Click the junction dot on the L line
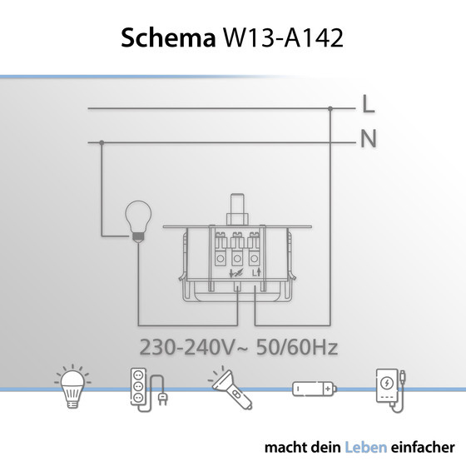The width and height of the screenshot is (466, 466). (x=330, y=107)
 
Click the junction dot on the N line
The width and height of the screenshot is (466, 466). (x=101, y=141)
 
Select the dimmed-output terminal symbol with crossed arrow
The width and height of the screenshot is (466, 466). (x=237, y=271)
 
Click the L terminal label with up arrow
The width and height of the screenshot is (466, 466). (x=255, y=271)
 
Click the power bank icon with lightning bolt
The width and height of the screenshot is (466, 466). (x=390, y=388)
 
